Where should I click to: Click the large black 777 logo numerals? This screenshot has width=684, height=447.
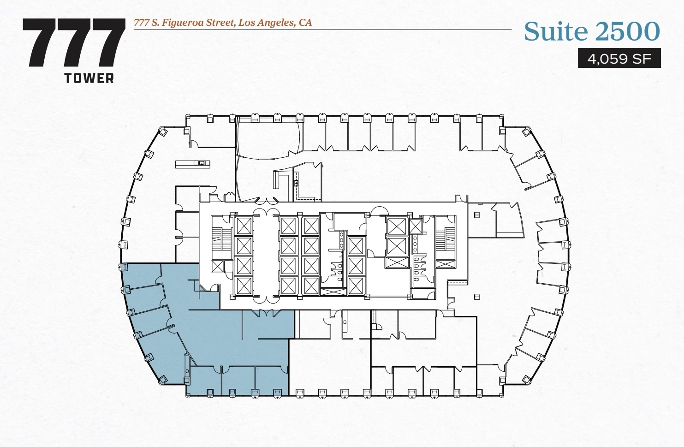[x=74, y=42]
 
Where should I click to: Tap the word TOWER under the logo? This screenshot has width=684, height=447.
[x=89, y=78]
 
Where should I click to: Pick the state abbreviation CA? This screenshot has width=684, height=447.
[x=305, y=23]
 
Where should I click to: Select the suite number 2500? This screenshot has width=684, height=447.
[x=627, y=31]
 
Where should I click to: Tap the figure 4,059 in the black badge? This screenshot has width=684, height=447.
[x=607, y=59]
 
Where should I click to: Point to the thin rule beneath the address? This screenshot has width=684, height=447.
[x=323, y=30]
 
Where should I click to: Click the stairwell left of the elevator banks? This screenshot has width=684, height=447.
[x=221, y=240]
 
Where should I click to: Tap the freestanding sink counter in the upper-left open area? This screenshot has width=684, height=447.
[x=192, y=163]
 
